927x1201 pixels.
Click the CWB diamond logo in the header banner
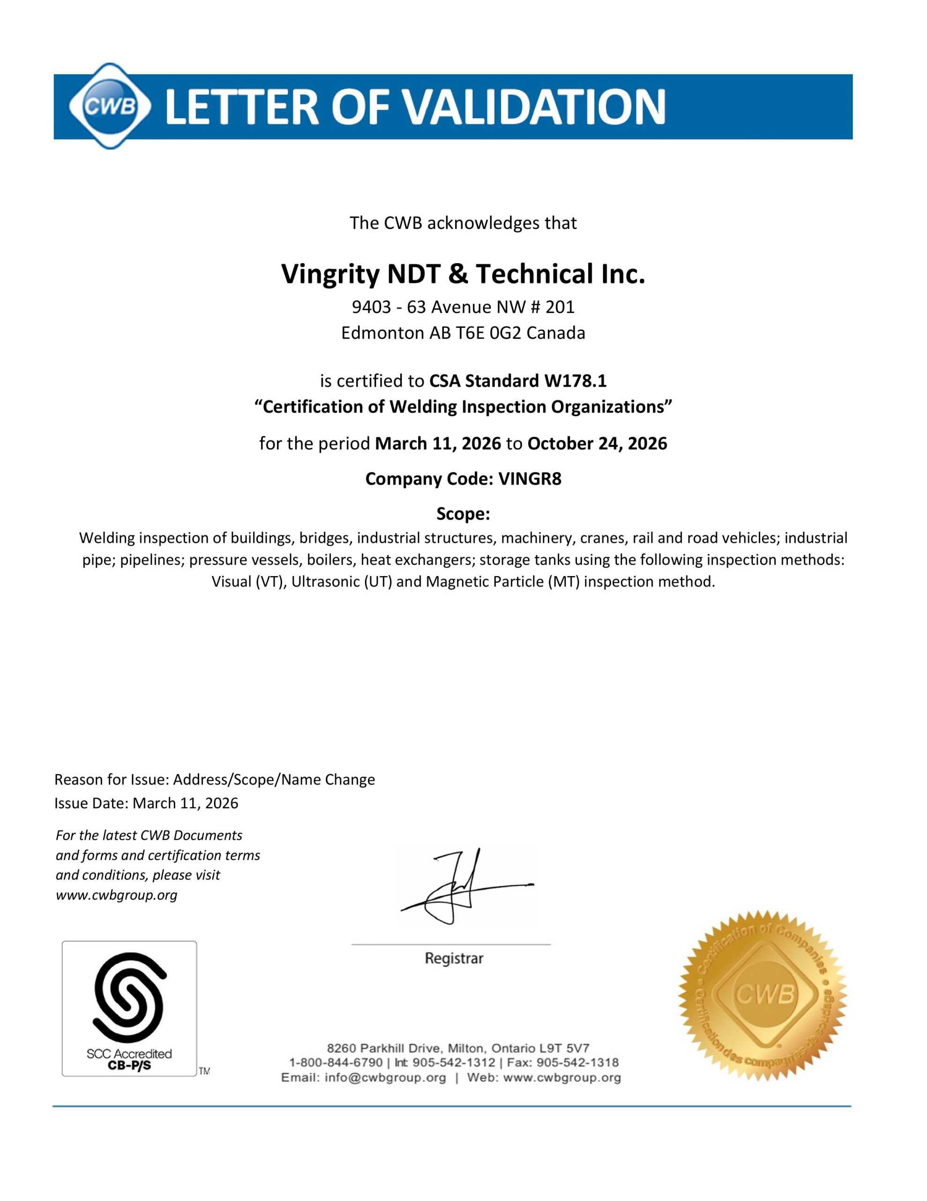coord(109,106)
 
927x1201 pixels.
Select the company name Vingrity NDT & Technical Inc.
coord(463,274)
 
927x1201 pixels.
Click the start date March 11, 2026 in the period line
coord(437,443)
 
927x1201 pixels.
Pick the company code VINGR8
coord(530,479)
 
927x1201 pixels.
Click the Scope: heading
coord(463,514)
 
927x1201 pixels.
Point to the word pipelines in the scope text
coord(151,560)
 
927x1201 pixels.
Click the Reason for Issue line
coord(214,780)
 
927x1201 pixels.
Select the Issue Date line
coord(146,804)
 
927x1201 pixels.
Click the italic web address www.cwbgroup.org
coord(117,896)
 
